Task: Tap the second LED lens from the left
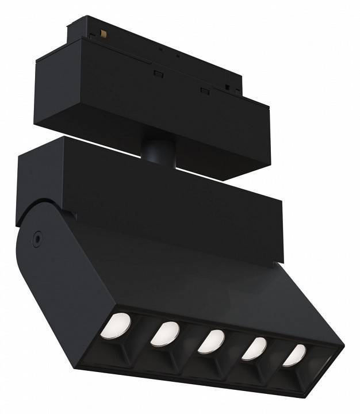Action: click(165, 333)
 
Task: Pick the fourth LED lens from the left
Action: click(254, 348)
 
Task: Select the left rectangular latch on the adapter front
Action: click(158, 73)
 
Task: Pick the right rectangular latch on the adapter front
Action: click(204, 90)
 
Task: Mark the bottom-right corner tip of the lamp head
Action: click(343, 347)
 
